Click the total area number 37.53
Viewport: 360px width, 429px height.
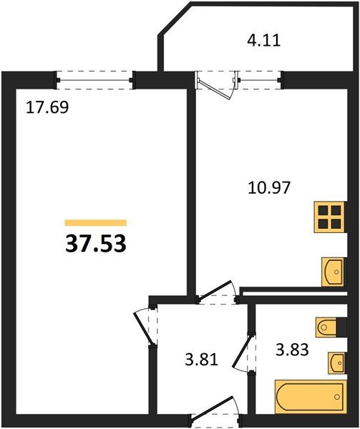96,244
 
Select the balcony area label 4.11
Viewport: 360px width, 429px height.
264,40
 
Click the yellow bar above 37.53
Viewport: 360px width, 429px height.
95,223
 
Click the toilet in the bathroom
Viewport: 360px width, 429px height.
330,327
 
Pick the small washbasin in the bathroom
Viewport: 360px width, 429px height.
336,363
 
